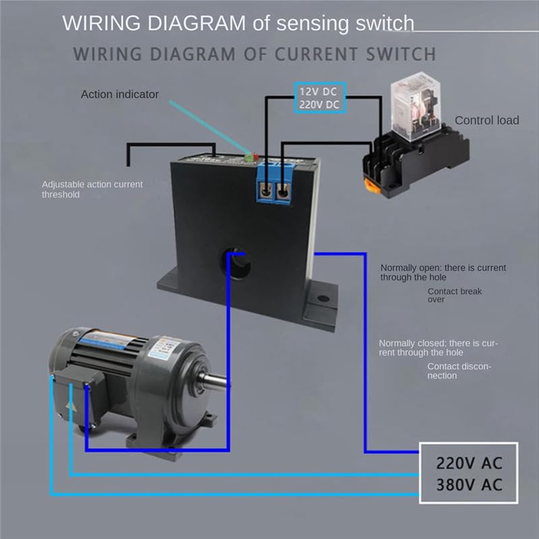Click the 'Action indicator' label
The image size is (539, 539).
(120, 94)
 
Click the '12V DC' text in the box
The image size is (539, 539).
(319, 90)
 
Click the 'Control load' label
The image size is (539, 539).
(486, 121)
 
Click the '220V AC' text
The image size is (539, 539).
(470, 464)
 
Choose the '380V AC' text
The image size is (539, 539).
(470, 485)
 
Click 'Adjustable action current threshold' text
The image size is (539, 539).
(92, 189)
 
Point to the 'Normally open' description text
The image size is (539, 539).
(443, 272)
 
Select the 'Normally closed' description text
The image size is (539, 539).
(438, 348)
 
